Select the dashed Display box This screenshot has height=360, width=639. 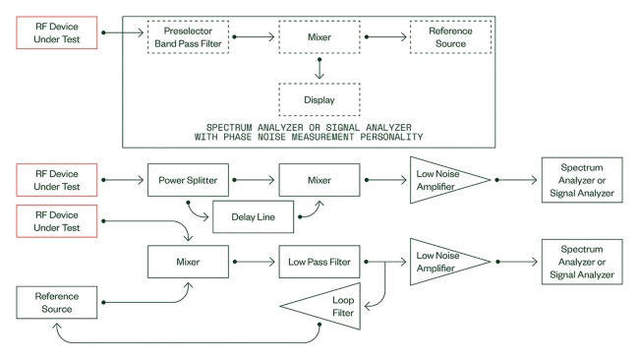pyautogui.click(x=319, y=99)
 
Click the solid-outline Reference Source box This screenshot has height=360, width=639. pyautogui.click(x=57, y=302)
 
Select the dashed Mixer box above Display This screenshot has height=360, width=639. pyautogui.click(x=319, y=36)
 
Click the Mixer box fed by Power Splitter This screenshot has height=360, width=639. pyautogui.click(x=319, y=180)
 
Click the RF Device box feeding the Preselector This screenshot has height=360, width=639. pyautogui.click(x=57, y=32)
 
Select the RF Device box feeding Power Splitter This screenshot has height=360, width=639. pyautogui.click(x=57, y=180)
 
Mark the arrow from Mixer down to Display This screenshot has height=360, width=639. pyautogui.click(x=319, y=69)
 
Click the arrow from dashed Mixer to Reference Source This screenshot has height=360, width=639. pyautogui.click(x=385, y=36)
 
